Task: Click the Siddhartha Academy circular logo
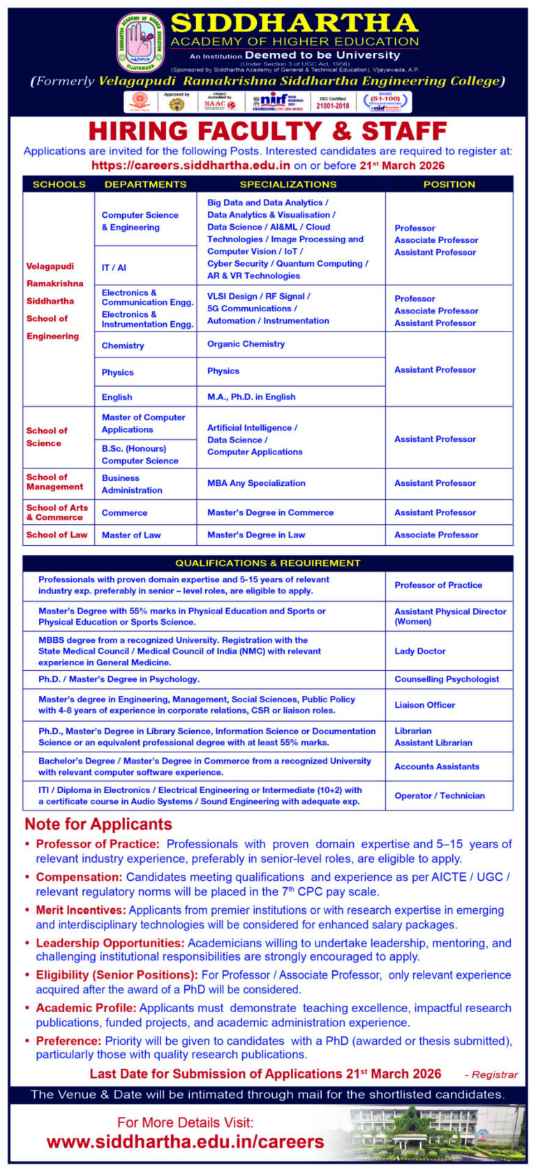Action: point(140,43)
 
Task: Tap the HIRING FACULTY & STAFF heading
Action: point(267,131)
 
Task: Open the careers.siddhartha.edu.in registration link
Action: point(191,165)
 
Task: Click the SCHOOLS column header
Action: point(59,184)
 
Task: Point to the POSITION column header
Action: point(449,184)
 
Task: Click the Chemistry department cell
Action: point(123,346)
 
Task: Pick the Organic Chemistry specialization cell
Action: point(246,344)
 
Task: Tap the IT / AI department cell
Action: point(114,267)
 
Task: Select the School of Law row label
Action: point(57,535)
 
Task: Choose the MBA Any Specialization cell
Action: point(256,483)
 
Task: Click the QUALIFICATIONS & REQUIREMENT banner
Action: point(267,563)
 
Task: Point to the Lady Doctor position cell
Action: point(419,651)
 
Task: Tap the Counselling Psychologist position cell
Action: point(447,679)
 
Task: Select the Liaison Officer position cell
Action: point(424,705)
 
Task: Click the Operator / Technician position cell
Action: point(439,796)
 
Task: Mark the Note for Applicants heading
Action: point(98,824)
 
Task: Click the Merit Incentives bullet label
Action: point(81,910)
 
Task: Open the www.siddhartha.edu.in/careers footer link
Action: point(185,1142)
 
